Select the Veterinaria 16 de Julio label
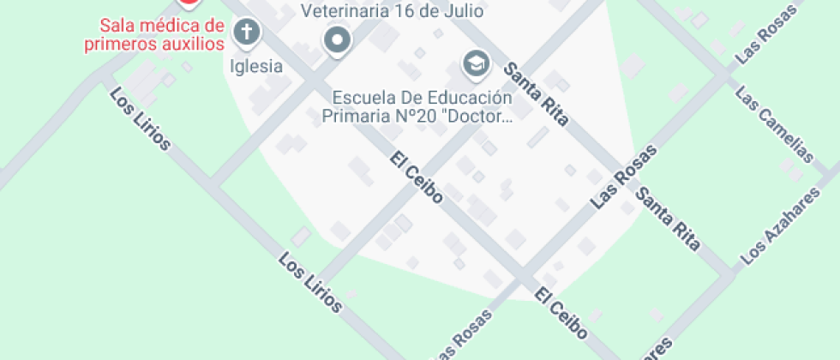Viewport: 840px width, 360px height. [x=392, y=11]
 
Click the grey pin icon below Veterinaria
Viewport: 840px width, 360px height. [x=338, y=39]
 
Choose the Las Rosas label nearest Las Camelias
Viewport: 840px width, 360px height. [x=765, y=39]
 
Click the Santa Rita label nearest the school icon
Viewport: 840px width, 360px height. [x=536, y=94]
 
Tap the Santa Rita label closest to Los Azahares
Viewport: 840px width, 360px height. [x=669, y=219]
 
